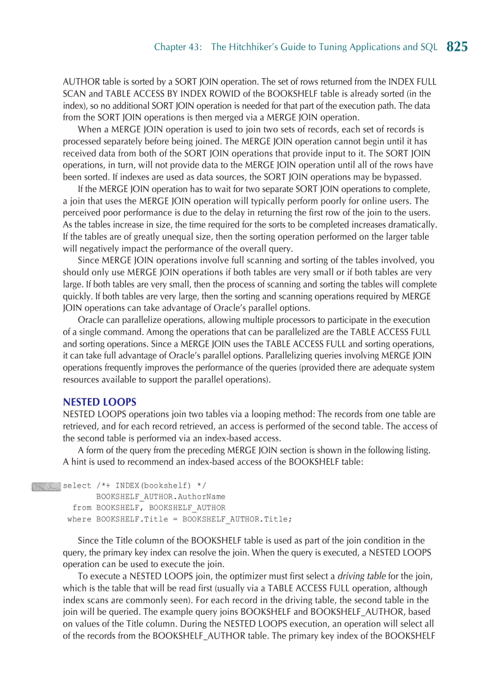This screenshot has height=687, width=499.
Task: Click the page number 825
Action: pyautogui.click(x=457, y=47)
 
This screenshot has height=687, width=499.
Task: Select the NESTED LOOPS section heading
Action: pyautogui.click(x=100, y=402)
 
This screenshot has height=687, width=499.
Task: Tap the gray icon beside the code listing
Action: pyautogui.click(x=46, y=486)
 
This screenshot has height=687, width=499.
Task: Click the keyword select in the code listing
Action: pyautogui.click(x=77, y=486)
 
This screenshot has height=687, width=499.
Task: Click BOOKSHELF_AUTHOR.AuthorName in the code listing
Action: pyautogui.click(x=161, y=497)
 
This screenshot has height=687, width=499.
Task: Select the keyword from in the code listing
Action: pyautogui.click(x=82, y=508)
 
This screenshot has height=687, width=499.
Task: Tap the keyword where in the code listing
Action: pyautogui.click(x=79, y=519)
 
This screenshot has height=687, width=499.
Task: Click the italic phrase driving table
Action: pyautogui.click(x=361, y=576)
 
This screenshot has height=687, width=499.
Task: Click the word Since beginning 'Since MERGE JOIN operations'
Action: pyautogui.click(x=89, y=261)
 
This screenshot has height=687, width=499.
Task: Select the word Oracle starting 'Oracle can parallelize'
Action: pyautogui.click(x=91, y=320)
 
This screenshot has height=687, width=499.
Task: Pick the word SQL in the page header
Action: pyautogui.click(x=429, y=48)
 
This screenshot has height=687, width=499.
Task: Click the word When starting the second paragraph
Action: pyautogui.click(x=89, y=130)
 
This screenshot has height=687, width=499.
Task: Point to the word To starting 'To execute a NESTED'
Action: pyautogui.click(x=83, y=576)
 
